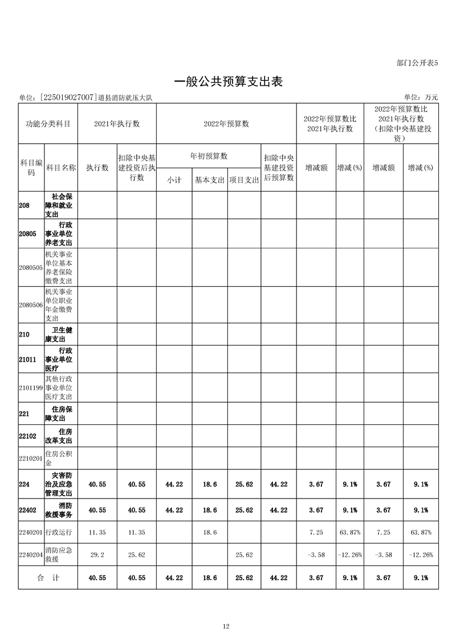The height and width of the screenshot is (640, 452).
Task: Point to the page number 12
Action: tap(226, 626)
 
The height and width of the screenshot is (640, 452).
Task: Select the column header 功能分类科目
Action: tap(48, 123)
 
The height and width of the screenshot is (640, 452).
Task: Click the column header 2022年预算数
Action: tap(226, 123)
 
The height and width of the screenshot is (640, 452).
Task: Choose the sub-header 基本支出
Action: tap(210, 179)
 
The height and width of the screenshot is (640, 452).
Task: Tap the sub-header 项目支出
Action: tap(245, 179)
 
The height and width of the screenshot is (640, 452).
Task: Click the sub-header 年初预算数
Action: tap(209, 156)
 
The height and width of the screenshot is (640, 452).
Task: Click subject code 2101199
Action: tap(31, 387)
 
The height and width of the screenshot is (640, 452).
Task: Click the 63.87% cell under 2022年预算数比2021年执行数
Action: tap(349, 532)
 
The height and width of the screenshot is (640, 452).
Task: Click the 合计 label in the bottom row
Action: tap(48, 578)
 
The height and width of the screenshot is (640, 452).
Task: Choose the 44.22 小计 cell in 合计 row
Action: tap(174, 578)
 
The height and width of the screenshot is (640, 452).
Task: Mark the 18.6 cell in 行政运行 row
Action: tap(210, 532)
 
